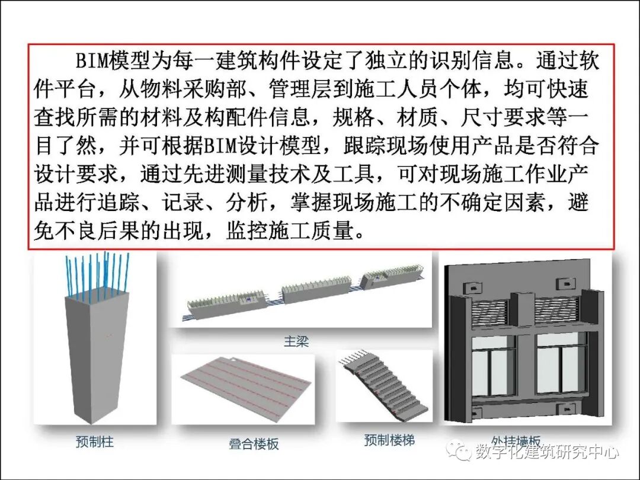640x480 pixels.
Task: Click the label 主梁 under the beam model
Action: click(296, 342)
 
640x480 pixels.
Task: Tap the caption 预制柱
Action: click(95, 441)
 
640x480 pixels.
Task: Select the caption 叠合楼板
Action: click(254, 443)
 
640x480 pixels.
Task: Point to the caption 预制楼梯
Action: click(389, 440)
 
